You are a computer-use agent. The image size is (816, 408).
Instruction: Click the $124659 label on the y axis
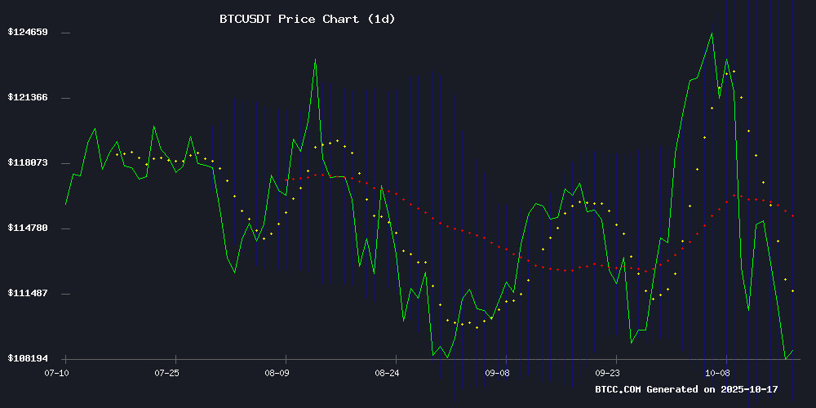(x=27, y=33)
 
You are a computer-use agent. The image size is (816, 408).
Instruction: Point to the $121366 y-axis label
(x=27, y=98)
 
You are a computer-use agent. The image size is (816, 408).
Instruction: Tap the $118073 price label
(x=27, y=163)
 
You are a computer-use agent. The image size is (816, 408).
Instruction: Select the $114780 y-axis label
(x=27, y=228)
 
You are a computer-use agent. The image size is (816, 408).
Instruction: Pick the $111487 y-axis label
(x=27, y=294)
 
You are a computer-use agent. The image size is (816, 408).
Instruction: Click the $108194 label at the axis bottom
(x=27, y=359)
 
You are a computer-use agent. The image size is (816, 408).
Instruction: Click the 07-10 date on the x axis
(x=57, y=373)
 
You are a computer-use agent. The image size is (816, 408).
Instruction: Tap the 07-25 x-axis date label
(x=166, y=373)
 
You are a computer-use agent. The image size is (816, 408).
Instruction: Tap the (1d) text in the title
(x=379, y=19)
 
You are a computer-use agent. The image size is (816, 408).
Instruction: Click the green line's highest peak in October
(x=712, y=33)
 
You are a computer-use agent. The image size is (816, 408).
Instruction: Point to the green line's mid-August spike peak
(x=315, y=59)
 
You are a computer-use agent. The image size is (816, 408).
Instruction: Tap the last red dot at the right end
(x=794, y=215)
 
